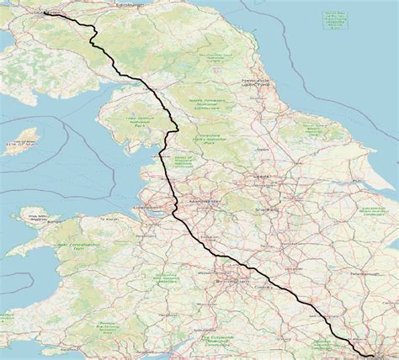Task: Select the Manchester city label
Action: coord(205,202)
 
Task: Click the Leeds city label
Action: coord(263,177)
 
